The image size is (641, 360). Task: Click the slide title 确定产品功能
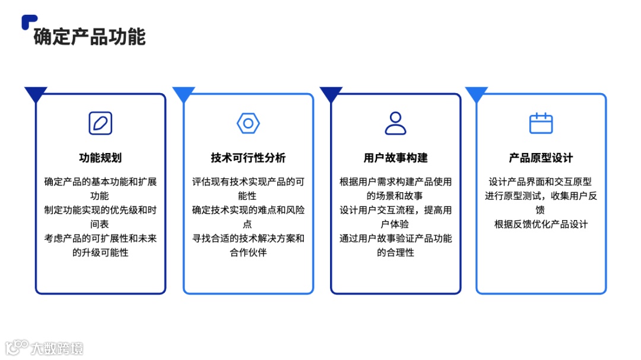pos(90,37)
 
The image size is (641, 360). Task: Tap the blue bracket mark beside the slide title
pos(27,21)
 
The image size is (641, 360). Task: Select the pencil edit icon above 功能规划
pos(100,123)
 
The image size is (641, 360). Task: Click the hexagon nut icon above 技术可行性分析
pos(248,123)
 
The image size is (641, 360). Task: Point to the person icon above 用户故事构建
pos(395,123)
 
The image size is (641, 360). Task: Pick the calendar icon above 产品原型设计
pos(541,123)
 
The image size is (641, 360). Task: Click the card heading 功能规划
pos(100,158)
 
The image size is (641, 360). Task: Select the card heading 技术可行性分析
pos(248,158)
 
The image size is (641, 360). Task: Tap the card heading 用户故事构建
pos(395,158)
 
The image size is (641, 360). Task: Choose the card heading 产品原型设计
pos(541,158)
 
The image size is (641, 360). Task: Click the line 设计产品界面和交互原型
pos(541,181)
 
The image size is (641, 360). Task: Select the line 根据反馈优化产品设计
pos(541,224)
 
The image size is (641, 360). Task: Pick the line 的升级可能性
pos(100,253)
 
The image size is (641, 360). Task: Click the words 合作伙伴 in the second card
pos(248,253)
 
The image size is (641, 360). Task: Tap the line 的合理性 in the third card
pos(395,253)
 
